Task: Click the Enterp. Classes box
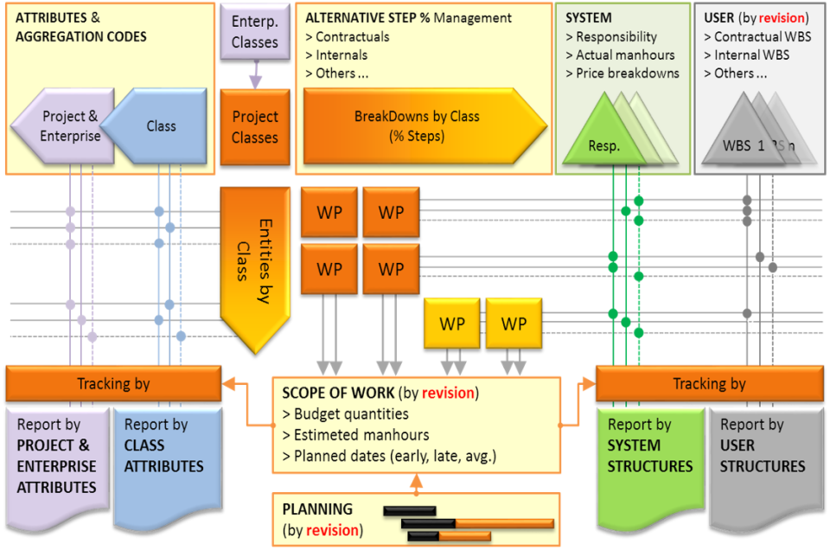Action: pyautogui.click(x=254, y=32)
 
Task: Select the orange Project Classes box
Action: pyautogui.click(x=254, y=126)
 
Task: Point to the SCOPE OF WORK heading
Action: pyautogui.click(x=339, y=393)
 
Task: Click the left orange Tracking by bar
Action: pyautogui.click(x=113, y=383)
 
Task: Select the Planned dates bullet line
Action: pyautogui.click(x=389, y=456)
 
